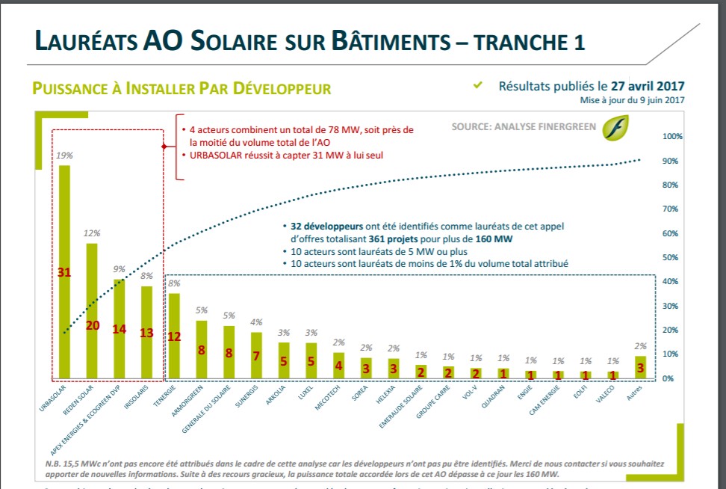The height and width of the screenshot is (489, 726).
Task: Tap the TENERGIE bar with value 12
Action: (173, 336)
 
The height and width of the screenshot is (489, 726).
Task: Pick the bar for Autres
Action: (639, 367)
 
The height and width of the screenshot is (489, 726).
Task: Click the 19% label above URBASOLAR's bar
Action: (64, 156)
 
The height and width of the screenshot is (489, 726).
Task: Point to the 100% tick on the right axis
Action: (673, 137)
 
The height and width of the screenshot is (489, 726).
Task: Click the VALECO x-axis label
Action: (604, 395)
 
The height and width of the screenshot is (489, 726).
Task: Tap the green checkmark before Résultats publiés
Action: (478, 85)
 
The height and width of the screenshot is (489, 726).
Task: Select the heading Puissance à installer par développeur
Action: (181, 89)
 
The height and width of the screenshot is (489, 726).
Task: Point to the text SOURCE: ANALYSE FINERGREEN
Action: (524, 127)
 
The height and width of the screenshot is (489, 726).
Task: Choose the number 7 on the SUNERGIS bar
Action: (255, 356)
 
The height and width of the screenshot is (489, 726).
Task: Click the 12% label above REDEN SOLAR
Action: (92, 233)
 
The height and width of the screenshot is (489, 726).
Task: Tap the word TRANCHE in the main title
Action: (524, 41)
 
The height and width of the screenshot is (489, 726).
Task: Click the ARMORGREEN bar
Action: (201, 349)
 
